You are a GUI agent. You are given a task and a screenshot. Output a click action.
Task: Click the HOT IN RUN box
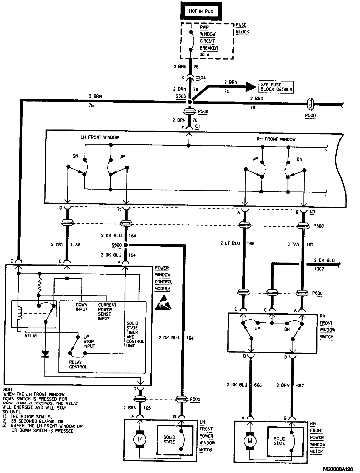tap(201, 11)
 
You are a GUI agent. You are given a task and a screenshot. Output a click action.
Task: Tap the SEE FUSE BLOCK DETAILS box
tap(276, 87)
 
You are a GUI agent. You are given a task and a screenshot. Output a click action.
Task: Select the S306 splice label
tap(181, 96)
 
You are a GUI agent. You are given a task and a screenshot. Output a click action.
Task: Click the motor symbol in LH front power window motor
tap(139, 440)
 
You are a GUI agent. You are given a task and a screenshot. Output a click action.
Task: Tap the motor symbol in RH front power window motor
tap(250, 441)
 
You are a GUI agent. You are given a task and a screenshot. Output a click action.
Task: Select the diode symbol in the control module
tap(45, 354)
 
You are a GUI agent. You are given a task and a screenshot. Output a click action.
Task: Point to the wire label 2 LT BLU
tap(230, 243)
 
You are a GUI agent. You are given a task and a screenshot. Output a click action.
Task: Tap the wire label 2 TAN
tap(293, 244)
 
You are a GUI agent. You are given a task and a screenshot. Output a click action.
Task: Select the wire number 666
tap(258, 385)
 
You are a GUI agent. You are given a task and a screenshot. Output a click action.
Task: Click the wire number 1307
tap(319, 269)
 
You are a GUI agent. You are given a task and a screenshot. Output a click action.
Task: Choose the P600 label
tap(317, 293)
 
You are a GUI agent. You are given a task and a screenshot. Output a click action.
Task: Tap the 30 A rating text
tap(205, 55)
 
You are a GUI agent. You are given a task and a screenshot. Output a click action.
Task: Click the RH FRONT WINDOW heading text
tap(276, 139)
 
